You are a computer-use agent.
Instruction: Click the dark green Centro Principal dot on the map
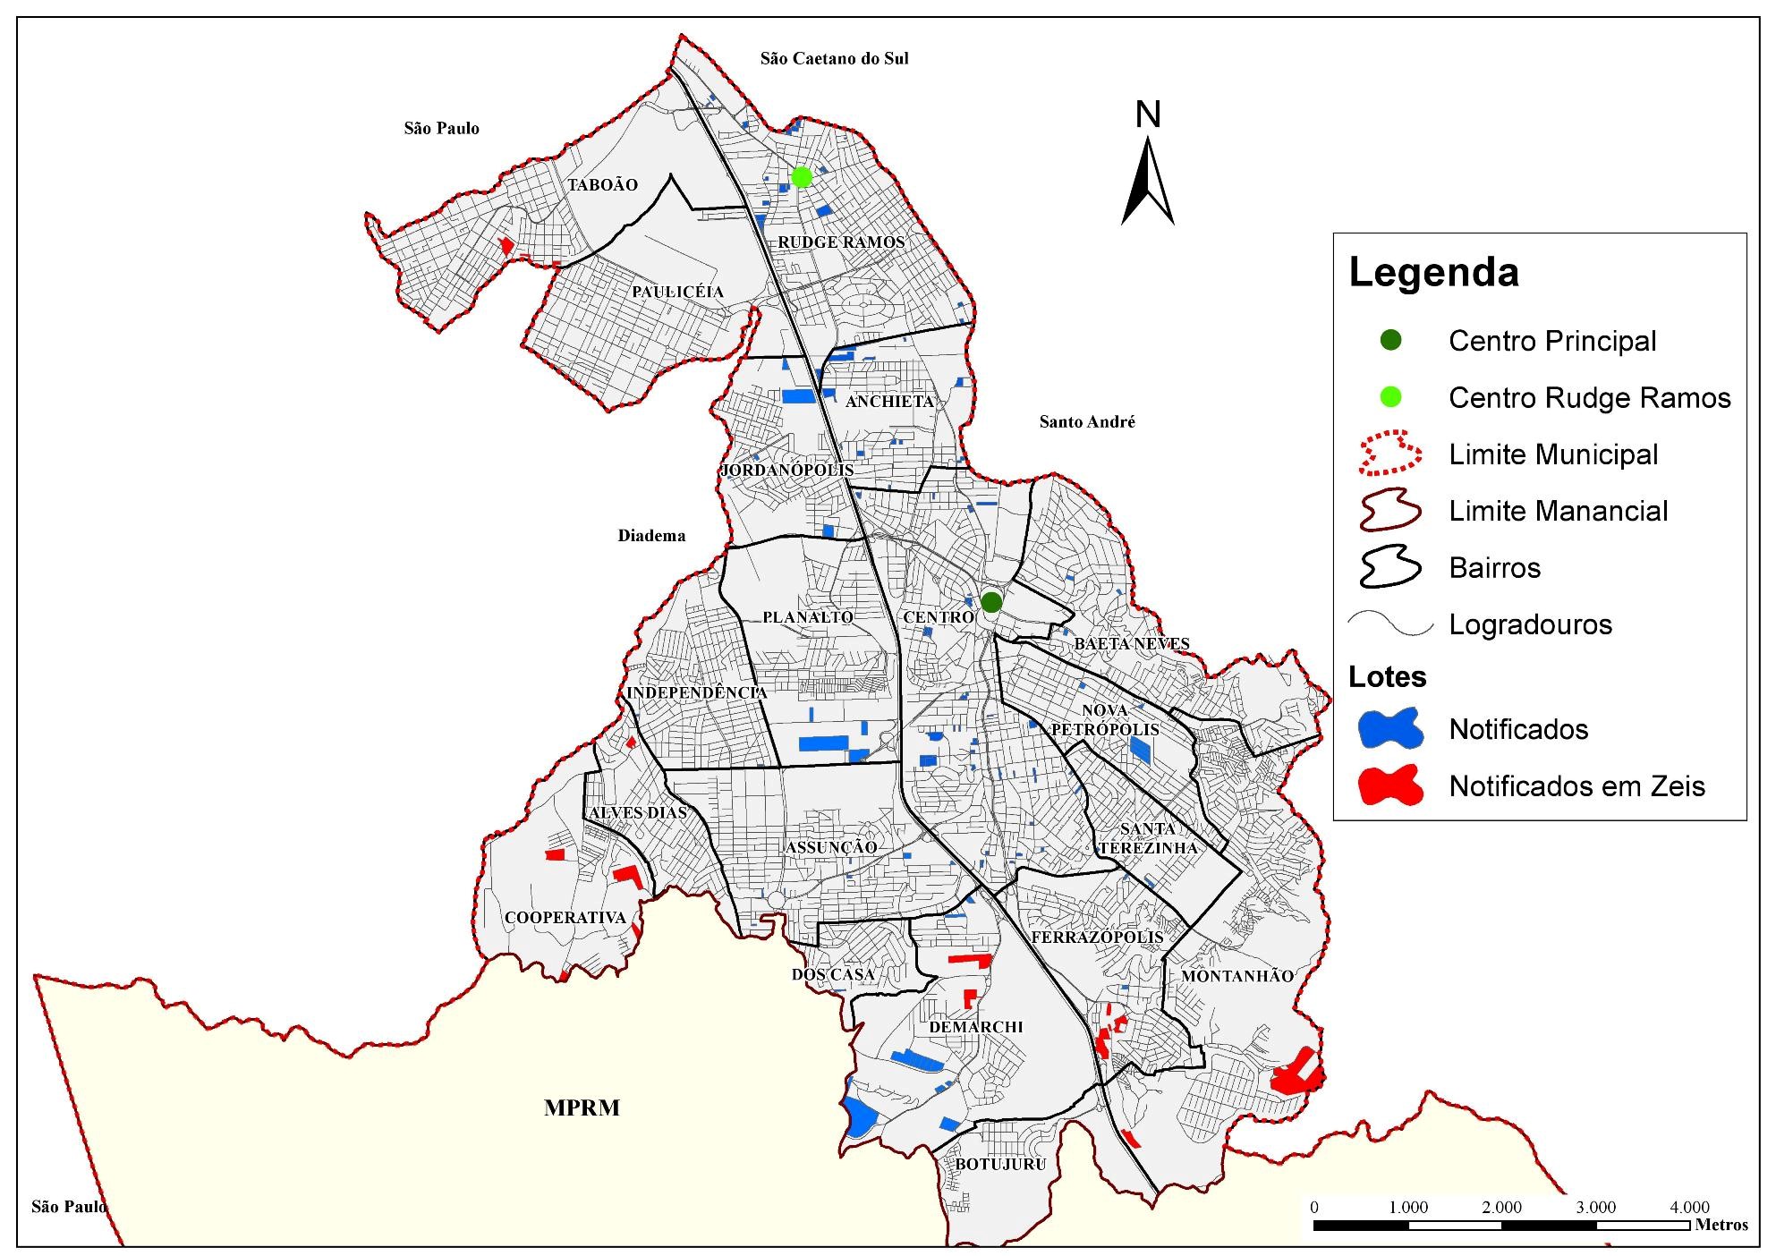(x=990, y=602)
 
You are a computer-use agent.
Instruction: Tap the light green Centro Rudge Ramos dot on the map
(x=802, y=177)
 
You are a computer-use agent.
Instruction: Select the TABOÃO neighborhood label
(x=603, y=185)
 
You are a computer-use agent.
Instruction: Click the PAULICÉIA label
(x=677, y=293)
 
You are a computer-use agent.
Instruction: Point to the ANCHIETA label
(x=889, y=402)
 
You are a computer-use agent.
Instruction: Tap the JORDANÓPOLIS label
(x=787, y=471)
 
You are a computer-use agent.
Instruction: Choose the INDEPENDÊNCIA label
(x=696, y=693)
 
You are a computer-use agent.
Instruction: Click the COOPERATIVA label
(x=565, y=918)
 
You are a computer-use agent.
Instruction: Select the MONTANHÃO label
(x=1237, y=976)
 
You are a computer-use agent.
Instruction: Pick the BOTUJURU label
(x=1000, y=1165)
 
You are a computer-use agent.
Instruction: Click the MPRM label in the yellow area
(x=582, y=1108)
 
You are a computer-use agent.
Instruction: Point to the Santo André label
(x=1086, y=422)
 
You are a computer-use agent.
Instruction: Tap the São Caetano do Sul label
(x=834, y=59)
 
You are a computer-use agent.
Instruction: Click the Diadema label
(x=651, y=536)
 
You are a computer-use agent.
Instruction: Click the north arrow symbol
(x=1148, y=174)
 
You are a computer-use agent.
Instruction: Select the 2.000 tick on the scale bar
(x=1501, y=1208)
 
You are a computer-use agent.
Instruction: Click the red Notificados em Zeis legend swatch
(x=1389, y=786)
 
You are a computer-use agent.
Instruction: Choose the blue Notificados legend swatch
(x=1389, y=729)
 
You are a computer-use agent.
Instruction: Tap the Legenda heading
(x=1433, y=273)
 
